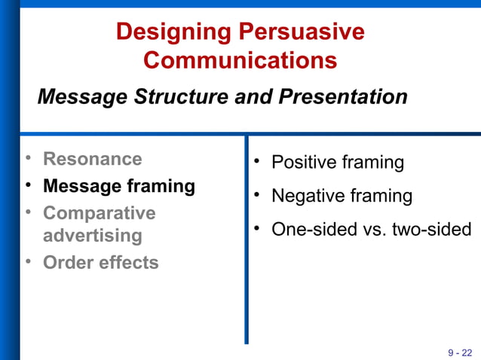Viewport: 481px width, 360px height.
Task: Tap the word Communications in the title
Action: [240, 60]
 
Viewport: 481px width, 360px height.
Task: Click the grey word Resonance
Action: [92, 159]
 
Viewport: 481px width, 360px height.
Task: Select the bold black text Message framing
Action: [119, 185]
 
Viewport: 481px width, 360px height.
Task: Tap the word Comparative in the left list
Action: [99, 213]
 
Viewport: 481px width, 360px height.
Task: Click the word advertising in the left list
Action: [92, 236]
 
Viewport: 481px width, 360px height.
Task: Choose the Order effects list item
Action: [100, 263]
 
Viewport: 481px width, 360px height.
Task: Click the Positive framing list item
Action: [337, 163]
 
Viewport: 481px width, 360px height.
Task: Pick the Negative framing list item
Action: [342, 197]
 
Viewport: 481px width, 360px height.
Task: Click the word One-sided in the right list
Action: [306, 230]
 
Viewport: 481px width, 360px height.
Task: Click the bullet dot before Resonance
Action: [28, 159]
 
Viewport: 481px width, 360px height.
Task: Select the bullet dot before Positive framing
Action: [256, 162]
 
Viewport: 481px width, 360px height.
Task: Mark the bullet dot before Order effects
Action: [28, 262]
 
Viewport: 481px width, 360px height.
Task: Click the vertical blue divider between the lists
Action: [246, 241]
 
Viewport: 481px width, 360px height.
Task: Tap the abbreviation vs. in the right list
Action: [365, 230]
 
